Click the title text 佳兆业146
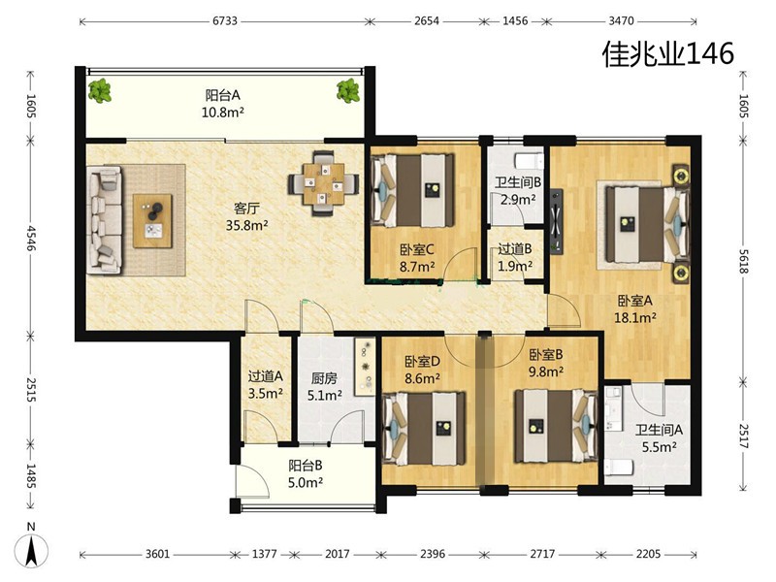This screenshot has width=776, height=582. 667,53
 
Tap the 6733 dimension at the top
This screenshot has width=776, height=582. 225,21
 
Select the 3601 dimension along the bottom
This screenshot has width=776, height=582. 157,554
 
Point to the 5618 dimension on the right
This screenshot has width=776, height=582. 743,261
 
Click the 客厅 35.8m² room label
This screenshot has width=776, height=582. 247,216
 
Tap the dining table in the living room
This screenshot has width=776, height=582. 324,183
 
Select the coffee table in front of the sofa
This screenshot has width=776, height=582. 152,221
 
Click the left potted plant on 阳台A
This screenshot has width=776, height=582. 100,90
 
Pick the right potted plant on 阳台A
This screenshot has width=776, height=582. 348,90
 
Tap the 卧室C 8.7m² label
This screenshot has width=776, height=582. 417,258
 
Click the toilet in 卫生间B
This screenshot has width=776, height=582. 529,161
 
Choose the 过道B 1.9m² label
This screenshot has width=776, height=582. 515,257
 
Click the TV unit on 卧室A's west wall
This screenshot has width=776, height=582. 556,221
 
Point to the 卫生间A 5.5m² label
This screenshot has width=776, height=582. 660,438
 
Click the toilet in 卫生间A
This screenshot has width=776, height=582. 619,467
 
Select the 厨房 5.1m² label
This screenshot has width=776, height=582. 324,387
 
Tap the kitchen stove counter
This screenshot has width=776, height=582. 366,367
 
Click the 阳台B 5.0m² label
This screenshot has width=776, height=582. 306,473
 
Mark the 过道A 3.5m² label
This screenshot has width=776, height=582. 265,384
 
